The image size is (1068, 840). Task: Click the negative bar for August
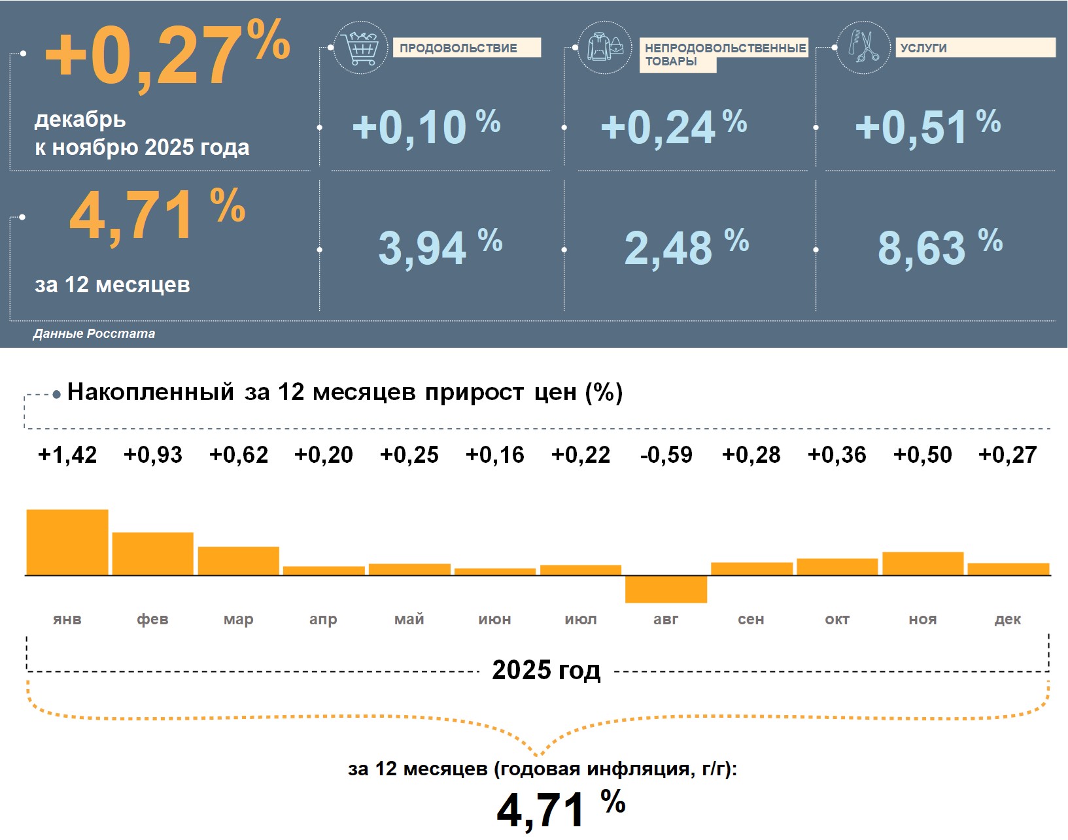(x=666, y=589)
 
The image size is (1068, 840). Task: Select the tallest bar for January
(x=67, y=542)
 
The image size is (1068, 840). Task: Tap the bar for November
(x=923, y=563)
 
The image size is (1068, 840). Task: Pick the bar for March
(x=239, y=561)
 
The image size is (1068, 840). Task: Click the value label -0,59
(x=666, y=454)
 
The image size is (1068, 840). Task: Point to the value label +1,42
(x=67, y=454)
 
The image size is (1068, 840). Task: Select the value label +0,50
(x=923, y=454)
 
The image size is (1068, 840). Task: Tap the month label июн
(x=494, y=619)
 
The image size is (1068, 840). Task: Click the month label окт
(x=837, y=619)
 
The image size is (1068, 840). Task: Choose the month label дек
(x=1008, y=619)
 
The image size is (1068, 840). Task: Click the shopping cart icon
(x=360, y=47)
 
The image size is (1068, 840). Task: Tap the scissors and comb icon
(x=863, y=47)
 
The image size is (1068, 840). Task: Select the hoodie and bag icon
(x=605, y=47)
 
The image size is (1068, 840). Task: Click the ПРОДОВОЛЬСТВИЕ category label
(x=458, y=48)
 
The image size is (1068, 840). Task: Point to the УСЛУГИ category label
(x=923, y=48)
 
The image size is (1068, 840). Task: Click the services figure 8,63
(x=922, y=248)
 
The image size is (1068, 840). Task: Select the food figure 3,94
(x=422, y=248)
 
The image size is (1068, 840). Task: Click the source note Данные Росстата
(x=94, y=333)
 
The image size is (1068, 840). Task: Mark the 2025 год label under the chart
(x=546, y=671)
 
